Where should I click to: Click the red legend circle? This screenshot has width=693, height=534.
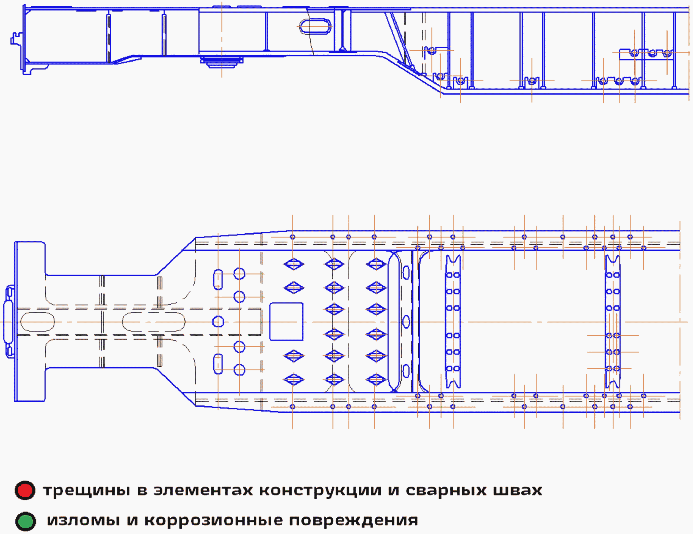(x=25, y=490)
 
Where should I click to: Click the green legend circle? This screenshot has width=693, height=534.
(x=25, y=521)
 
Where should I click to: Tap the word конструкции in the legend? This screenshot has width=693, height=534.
(x=320, y=491)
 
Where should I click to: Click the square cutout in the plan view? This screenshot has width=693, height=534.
(x=286, y=321)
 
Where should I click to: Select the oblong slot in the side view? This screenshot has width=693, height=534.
(x=315, y=26)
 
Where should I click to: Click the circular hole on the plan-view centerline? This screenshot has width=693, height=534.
(x=218, y=321)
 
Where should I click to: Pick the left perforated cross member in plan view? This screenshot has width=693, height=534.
(x=453, y=321)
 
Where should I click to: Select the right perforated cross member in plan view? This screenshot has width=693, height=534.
(x=613, y=321)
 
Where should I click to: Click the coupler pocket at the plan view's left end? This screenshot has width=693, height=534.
(x=9, y=321)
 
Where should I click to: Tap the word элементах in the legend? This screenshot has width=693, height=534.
(x=203, y=491)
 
